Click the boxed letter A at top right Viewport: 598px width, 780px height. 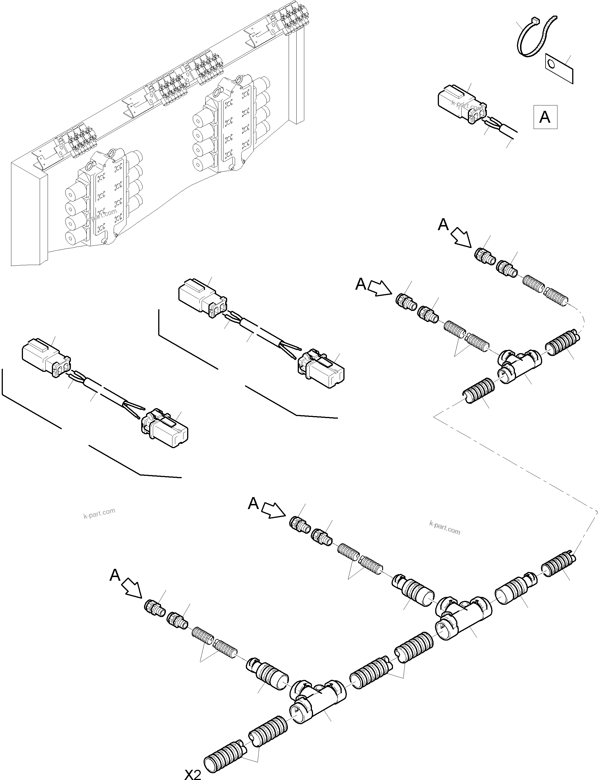(545, 117)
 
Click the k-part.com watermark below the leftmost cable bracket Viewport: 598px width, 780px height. (99, 512)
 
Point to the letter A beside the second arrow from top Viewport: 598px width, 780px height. (361, 284)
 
